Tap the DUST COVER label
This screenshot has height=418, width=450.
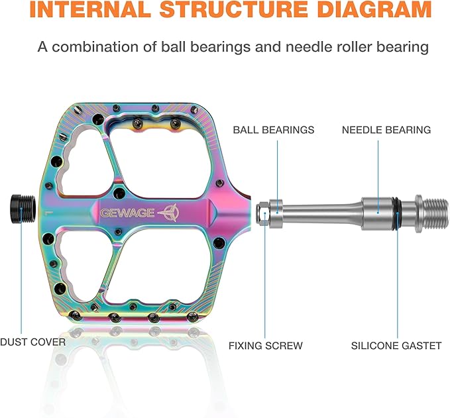pos(33,342)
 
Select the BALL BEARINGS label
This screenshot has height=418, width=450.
pos(274,130)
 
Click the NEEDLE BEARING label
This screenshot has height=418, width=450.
pos(386,130)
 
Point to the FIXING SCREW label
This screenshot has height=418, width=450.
pos(266,345)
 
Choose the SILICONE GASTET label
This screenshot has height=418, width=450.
pos(396,345)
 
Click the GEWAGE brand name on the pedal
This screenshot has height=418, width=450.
pos(127,213)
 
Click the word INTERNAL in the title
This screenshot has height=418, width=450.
pos(90,9)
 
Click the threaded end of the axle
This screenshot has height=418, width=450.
pos(435,213)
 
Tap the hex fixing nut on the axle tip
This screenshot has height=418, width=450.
pos(263,214)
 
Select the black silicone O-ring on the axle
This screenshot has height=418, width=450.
pos(397,213)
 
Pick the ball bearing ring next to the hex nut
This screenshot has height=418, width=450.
pos(276,214)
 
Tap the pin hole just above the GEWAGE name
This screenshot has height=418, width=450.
pos(119,193)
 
